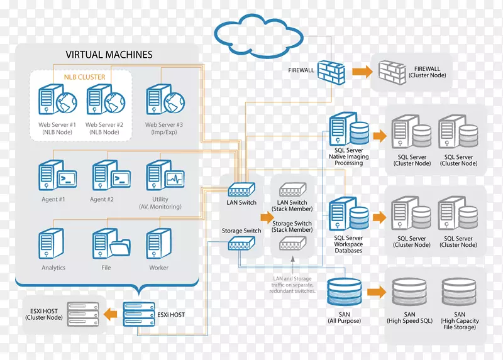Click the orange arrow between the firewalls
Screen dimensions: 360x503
[x=361, y=71]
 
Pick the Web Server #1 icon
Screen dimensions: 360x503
[x=57, y=101]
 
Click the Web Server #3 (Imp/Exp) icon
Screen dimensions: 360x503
[x=163, y=101]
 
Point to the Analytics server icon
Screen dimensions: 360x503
[x=51, y=244]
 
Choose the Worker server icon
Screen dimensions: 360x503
[x=158, y=243]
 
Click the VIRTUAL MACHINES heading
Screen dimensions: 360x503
[x=109, y=55]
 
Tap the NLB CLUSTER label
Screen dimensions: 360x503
[x=84, y=77]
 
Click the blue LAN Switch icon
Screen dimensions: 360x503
[x=241, y=189]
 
